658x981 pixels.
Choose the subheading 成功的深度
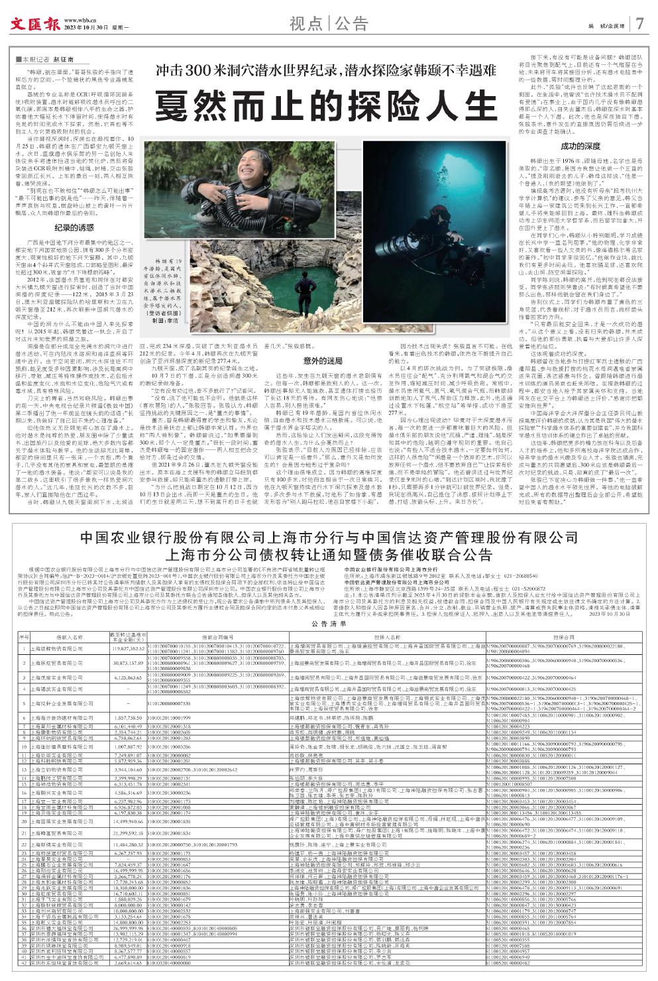(580, 145)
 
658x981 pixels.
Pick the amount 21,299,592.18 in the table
(124, 833)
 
